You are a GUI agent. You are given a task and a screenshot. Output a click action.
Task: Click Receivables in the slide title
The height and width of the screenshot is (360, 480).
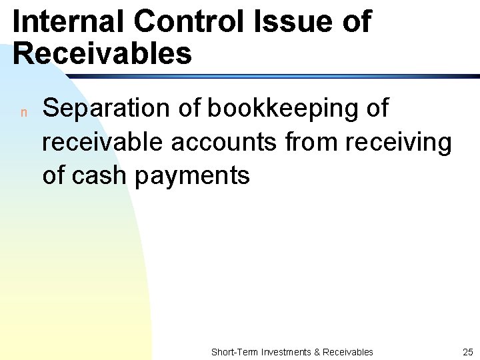(102, 53)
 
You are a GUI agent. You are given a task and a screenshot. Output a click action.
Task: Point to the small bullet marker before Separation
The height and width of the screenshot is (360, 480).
(23, 112)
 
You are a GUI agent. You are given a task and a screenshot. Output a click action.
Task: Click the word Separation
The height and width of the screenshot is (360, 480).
(107, 108)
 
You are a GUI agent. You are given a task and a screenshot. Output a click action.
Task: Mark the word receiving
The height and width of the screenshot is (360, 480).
(399, 143)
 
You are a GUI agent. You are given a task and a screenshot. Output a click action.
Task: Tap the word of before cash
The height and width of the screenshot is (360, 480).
(54, 175)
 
